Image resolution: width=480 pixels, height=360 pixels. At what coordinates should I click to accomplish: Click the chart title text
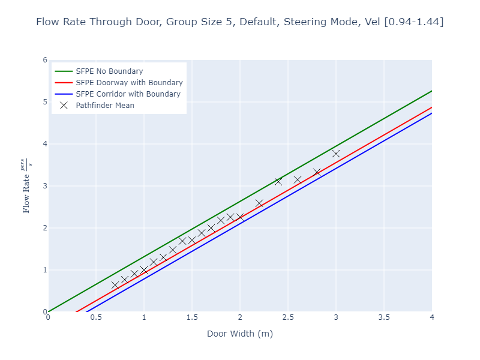pyautogui.click(x=240, y=22)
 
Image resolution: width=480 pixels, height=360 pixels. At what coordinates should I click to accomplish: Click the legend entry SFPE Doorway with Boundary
pyautogui.click(x=129, y=83)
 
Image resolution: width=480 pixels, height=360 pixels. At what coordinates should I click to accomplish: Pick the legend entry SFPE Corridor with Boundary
pyautogui.click(x=128, y=94)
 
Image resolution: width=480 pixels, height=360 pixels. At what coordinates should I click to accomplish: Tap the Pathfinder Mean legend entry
pyautogui.click(x=105, y=106)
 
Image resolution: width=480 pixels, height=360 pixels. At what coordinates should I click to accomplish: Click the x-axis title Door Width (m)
pyautogui.click(x=240, y=334)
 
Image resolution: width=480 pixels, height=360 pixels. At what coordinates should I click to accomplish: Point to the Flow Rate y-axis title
pyautogui.click(x=27, y=186)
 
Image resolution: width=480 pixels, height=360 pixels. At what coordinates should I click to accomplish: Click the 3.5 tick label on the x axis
pyautogui.click(x=384, y=317)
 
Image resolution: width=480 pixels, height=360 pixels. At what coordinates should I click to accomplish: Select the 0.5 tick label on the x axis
pyautogui.click(x=96, y=317)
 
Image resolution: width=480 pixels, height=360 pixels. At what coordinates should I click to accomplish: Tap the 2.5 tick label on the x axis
pyautogui.click(x=288, y=317)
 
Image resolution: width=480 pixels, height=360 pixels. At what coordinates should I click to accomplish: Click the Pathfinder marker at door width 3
pyautogui.click(x=336, y=154)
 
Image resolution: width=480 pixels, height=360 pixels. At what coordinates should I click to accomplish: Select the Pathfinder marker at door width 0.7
pyautogui.click(x=115, y=285)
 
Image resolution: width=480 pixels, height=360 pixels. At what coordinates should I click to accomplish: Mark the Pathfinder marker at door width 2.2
pyautogui.click(x=259, y=203)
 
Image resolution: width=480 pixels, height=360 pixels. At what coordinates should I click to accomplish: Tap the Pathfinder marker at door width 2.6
pyautogui.click(x=298, y=179)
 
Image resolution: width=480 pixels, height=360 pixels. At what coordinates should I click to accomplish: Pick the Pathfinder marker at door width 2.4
pyautogui.click(x=278, y=181)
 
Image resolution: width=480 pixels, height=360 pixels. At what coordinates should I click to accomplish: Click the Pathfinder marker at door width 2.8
pyautogui.click(x=317, y=172)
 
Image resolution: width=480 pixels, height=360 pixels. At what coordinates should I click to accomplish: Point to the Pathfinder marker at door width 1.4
pyautogui.click(x=182, y=241)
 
